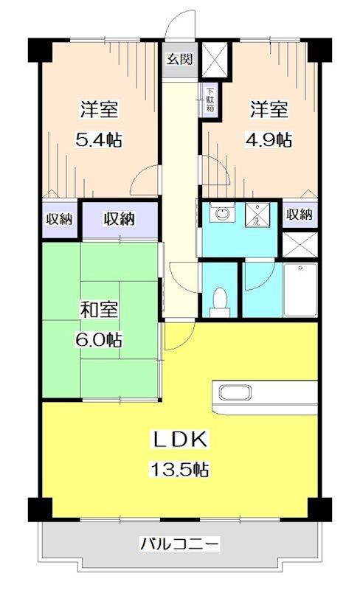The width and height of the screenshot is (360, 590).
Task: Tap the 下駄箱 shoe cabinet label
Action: (x=210, y=100)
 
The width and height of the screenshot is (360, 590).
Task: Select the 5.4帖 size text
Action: (x=99, y=139)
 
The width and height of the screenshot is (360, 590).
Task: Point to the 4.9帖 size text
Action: (x=269, y=139)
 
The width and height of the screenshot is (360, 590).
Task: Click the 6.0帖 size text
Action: (x=99, y=340)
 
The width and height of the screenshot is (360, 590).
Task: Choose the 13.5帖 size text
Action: (x=180, y=470)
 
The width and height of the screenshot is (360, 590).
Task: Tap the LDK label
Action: (x=180, y=440)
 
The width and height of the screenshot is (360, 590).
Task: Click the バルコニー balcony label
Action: (x=179, y=545)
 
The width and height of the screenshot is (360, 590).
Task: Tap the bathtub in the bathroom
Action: (x=300, y=289)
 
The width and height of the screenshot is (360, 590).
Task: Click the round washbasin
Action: (x=220, y=215)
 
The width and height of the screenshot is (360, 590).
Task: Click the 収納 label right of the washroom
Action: (x=300, y=215)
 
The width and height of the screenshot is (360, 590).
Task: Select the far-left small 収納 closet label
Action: (x=59, y=218)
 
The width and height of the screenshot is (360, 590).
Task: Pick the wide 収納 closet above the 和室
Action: (x=118, y=218)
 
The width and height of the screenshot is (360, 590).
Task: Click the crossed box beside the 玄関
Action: (x=216, y=58)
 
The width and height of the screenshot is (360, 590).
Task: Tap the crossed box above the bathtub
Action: (x=300, y=244)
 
